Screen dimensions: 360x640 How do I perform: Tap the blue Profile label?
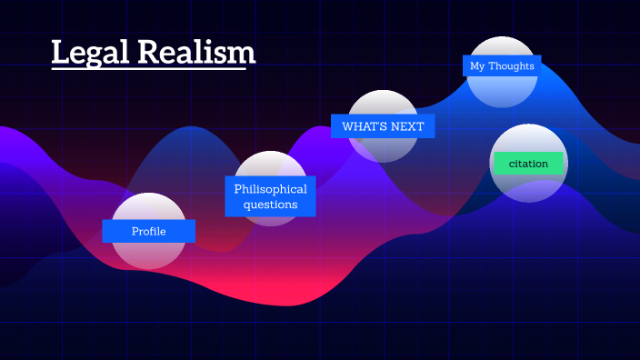[x=148, y=232]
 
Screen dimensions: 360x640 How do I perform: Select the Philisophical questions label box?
[x=270, y=196]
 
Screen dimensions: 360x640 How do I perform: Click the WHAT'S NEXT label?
[x=383, y=126]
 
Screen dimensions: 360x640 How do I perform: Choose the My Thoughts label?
[x=502, y=65]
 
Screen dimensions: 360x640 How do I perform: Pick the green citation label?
[x=528, y=164]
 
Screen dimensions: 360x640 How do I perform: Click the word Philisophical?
[x=270, y=189]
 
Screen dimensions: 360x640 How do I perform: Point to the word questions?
[x=270, y=205]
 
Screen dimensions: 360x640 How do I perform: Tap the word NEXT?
[x=407, y=126]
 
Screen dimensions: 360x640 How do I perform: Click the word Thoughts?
[x=512, y=65]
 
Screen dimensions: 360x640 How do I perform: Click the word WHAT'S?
[x=365, y=126]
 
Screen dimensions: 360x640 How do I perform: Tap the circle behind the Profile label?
[x=148, y=255]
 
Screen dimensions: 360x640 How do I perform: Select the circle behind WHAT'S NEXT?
[x=383, y=149]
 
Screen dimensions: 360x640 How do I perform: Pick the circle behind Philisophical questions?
[x=270, y=164]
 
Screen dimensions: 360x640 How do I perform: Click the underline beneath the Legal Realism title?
[x=154, y=69]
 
